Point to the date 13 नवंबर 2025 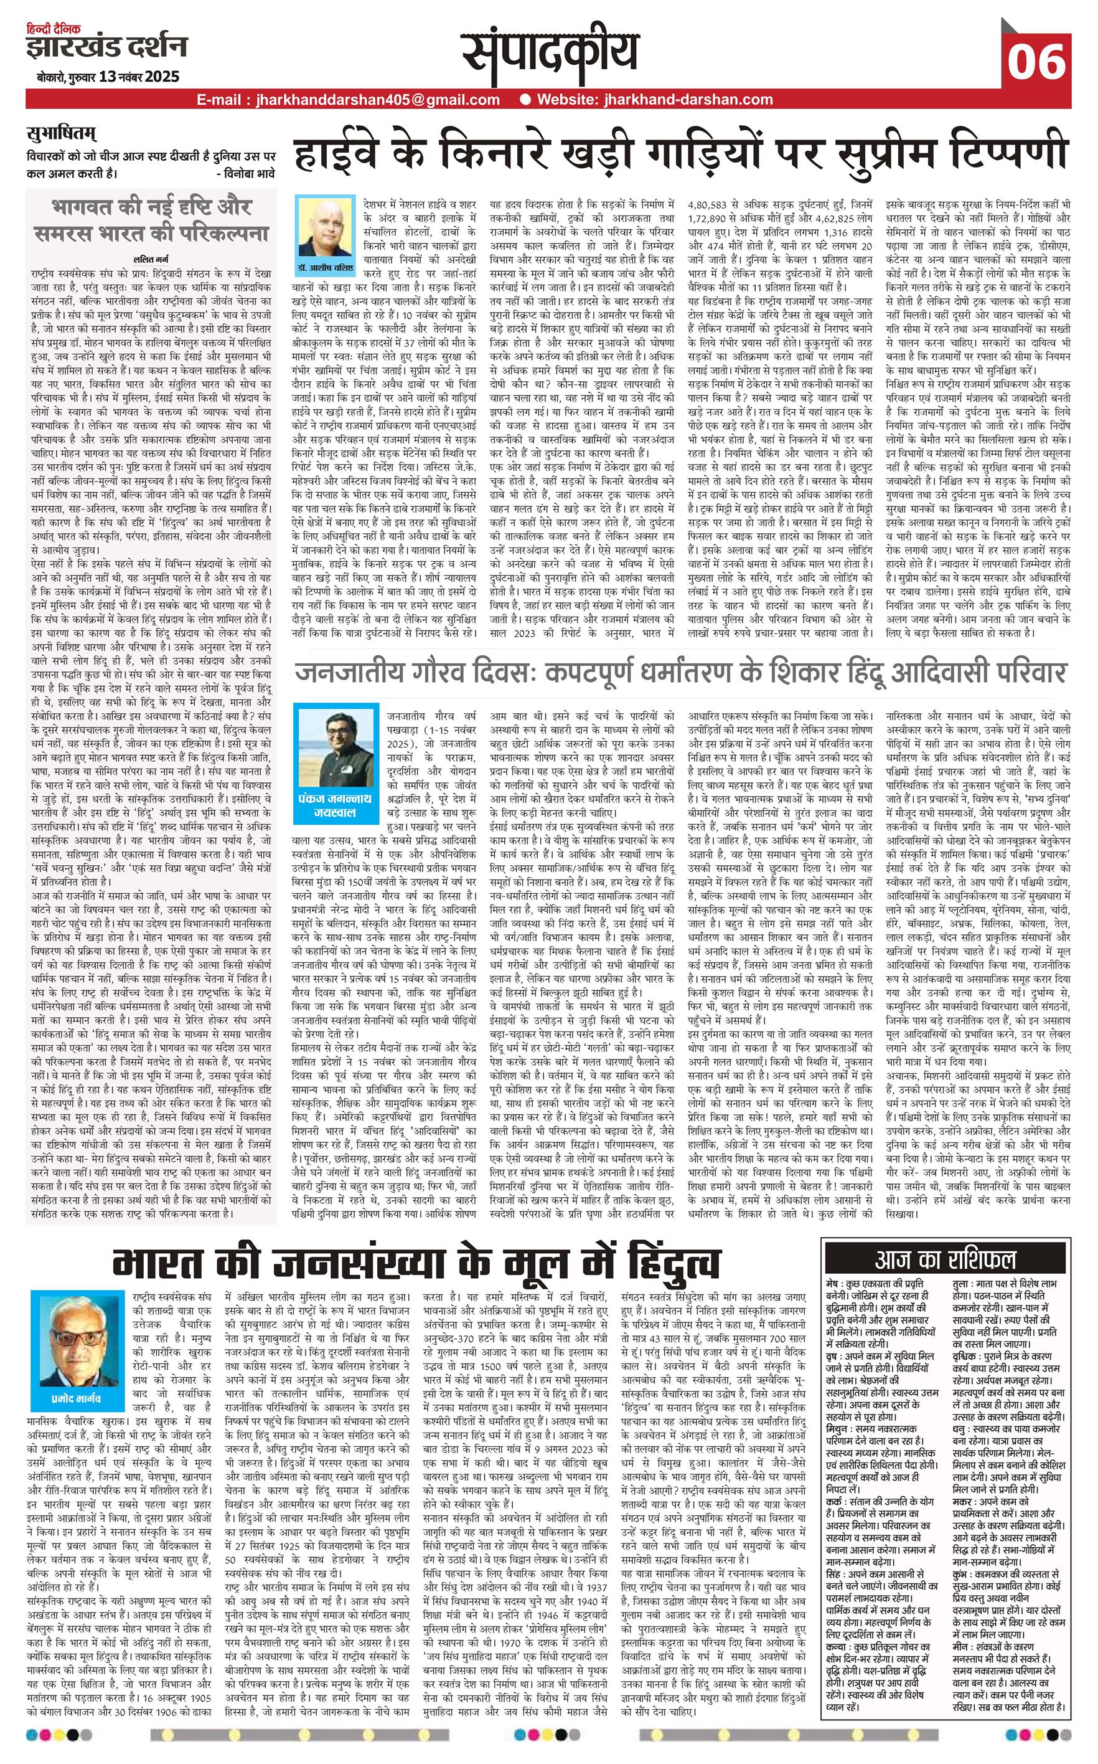(140, 76)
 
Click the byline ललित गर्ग (151, 258)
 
